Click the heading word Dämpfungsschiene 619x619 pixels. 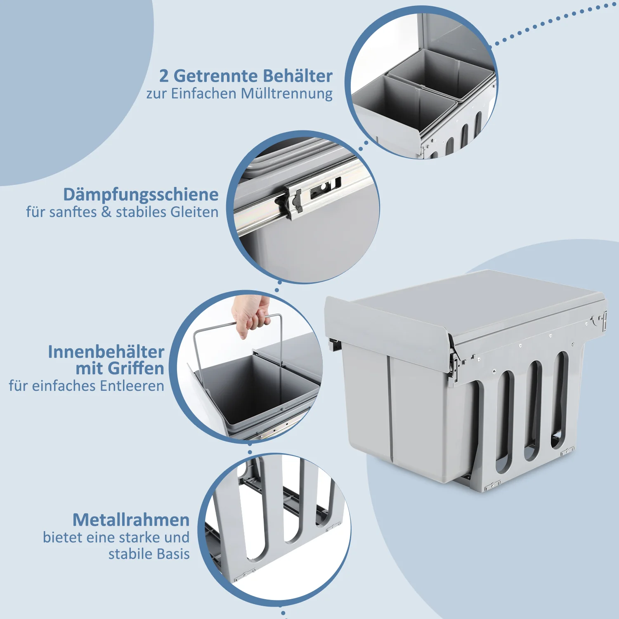tap(141, 194)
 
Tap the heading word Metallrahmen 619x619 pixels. tap(131, 520)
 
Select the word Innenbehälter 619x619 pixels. tap(106, 352)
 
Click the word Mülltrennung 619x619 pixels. tap(287, 94)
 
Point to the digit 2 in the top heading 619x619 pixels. tap(164, 76)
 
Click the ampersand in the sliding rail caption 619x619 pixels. tap(106, 212)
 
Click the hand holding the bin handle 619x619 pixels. tap(250, 316)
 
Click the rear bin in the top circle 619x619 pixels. tap(442, 72)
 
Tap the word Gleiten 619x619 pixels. tap(194, 212)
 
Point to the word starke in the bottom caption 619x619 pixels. tap(139, 537)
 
